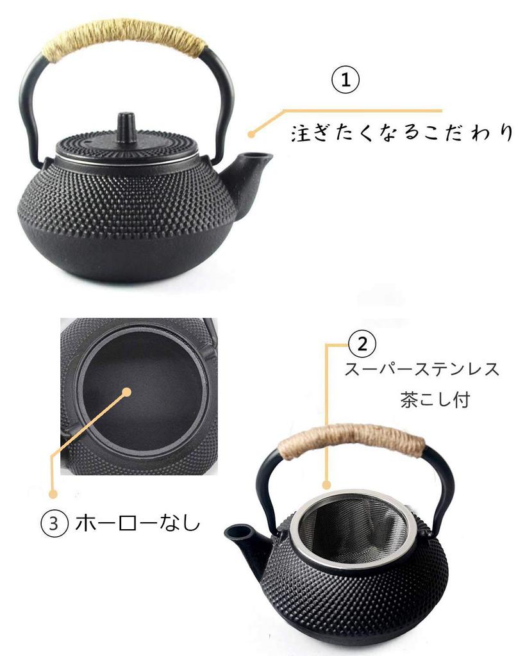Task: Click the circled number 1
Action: coord(346,80)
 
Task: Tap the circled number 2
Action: coord(362,345)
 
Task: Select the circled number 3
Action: coord(54,523)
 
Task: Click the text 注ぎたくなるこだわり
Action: coord(402,133)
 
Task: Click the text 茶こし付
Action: coord(435,400)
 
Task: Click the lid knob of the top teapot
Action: coord(126,123)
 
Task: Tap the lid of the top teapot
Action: coord(126,145)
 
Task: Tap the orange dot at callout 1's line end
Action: coord(252,134)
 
